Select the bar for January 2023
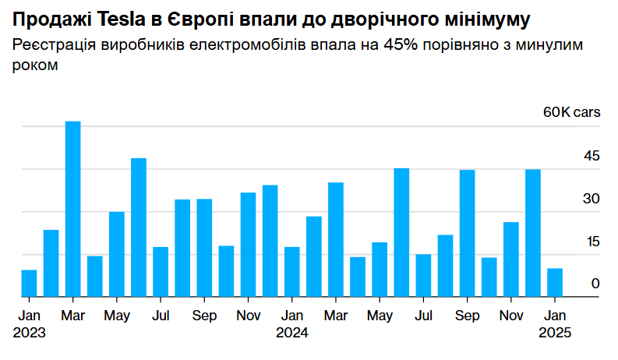[29, 283]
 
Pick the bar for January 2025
[555, 282]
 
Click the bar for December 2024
[533, 233]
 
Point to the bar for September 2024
[468, 233]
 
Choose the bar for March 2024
[336, 239]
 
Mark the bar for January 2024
[292, 272]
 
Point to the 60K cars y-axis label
[572, 112]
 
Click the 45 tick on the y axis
[592, 156]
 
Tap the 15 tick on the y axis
[593, 242]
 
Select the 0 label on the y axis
[596, 284]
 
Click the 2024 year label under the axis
[292, 332]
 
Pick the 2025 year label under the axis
[555, 332]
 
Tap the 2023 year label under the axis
[29, 332]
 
